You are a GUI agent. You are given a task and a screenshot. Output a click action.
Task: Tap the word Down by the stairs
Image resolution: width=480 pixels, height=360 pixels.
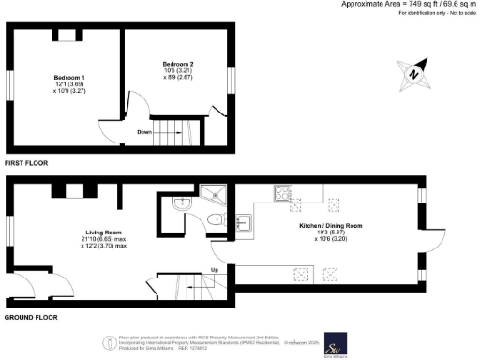(x=144, y=131)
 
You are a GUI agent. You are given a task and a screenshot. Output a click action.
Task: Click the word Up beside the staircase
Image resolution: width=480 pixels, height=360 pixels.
(x=215, y=270)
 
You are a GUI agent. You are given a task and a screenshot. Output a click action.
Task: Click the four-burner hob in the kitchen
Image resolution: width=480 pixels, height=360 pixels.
(x=283, y=194)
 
